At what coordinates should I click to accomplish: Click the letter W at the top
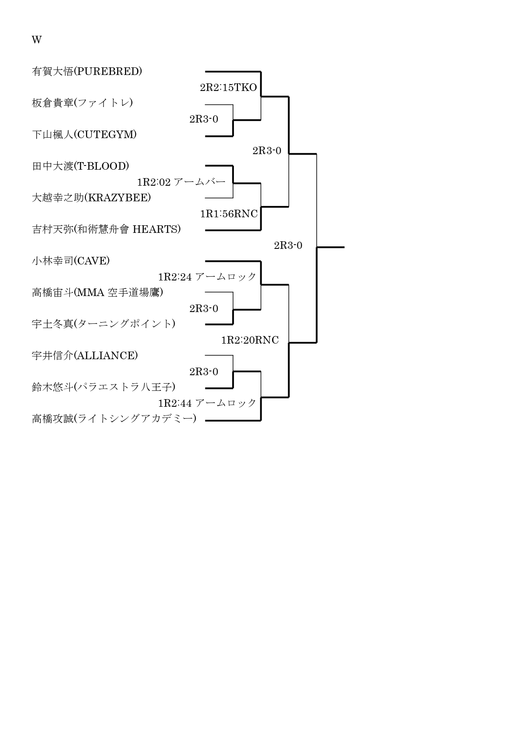click(37, 40)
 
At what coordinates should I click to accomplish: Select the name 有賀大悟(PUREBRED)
click(87, 71)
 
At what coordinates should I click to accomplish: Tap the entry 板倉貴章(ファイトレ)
click(82, 103)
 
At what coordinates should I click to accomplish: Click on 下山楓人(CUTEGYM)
click(84, 134)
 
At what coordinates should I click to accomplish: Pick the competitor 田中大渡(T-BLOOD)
click(80, 166)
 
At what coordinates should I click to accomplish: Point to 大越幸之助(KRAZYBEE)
click(91, 197)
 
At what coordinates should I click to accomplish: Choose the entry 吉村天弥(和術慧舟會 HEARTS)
click(106, 229)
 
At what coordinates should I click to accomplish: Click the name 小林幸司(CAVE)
click(71, 261)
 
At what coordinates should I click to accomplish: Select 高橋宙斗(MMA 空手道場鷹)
click(98, 292)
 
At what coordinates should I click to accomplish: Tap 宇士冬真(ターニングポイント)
click(103, 324)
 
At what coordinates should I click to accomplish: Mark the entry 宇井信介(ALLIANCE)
click(85, 355)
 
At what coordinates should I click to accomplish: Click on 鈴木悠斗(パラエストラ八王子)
click(103, 387)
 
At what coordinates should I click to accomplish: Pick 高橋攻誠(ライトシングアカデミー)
click(114, 419)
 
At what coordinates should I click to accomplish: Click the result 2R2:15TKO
click(228, 88)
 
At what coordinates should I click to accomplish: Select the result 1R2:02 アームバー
click(181, 182)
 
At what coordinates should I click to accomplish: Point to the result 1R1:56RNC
click(229, 214)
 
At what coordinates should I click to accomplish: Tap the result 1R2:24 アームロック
click(207, 277)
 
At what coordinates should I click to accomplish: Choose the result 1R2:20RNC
click(250, 340)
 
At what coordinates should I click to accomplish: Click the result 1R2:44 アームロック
click(207, 403)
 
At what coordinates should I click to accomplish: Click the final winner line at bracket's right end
click(331, 247)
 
